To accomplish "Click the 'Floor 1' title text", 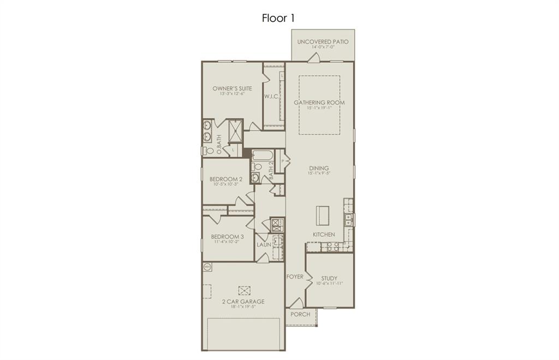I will pyautogui.click(x=279, y=18).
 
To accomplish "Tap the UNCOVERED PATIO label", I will pyautogui.click(x=323, y=42).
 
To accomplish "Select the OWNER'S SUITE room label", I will pyautogui.click(x=232, y=88).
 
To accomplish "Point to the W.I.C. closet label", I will pyautogui.click(x=272, y=97).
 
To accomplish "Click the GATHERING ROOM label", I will pyautogui.click(x=319, y=102).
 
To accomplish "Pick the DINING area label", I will pyautogui.click(x=319, y=168).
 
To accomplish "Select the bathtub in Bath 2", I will pyautogui.click(x=262, y=155).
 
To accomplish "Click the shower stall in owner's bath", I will pyautogui.click(x=235, y=130).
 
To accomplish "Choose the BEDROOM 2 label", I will pyautogui.click(x=226, y=179).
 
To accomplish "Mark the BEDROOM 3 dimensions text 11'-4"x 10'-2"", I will pyautogui.click(x=226, y=242).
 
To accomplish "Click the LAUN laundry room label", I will pyautogui.click(x=264, y=245).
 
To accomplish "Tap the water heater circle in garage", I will pyautogui.click(x=207, y=267).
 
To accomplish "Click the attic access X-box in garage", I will pyautogui.click(x=244, y=291).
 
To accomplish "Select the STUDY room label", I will pyautogui.click(x=329, y=278).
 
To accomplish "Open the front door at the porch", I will pyautogui.click(x=296, y=304).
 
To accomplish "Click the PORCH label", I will pyautogui.click(x=300, y=314).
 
